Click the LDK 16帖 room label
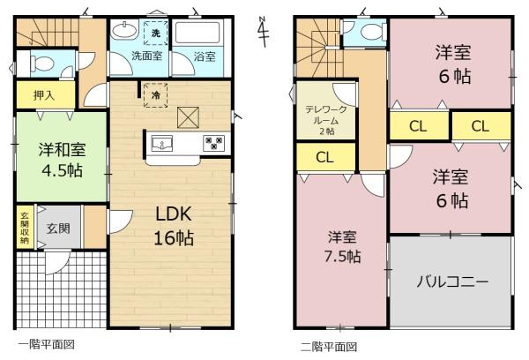[x=174, y=226]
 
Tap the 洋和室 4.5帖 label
[x=62, y=160]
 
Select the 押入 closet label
[x=44, y=95]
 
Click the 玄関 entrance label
[x=58, y=229]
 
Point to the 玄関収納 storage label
[x=25, y=228]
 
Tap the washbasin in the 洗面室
[x=124, y=32]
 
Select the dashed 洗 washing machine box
[x=155, y=33]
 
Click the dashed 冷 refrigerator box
[x=155, y=95]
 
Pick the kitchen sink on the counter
[x=162, y=144]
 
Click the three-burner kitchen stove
[x=214, y=143]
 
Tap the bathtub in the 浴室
[x=197, y=33]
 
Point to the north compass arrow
[x=263, y=31]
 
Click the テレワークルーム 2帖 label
[x=326, y=120]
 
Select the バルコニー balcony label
[x=452, y=281]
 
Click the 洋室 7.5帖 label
[x=342, y=246]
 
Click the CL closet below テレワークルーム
[x=325, y=157]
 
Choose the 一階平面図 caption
[x=46, y=344]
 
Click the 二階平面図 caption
[x=329, y=347]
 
